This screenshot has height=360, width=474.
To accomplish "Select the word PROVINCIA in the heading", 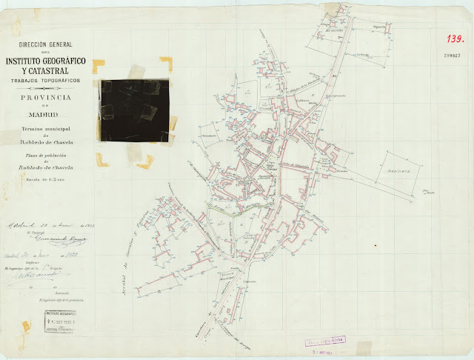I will click(46, 97).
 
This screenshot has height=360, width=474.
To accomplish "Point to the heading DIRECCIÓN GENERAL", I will click(45, 46).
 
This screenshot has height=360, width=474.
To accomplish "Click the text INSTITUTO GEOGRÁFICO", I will click(46, 60).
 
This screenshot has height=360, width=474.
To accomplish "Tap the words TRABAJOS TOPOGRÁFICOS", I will click(46, 79).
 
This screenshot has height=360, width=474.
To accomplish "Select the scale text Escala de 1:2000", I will click(45, 179).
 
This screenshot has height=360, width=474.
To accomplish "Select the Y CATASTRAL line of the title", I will click(46, 70).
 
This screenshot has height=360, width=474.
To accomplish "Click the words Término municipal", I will click(45, 129).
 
